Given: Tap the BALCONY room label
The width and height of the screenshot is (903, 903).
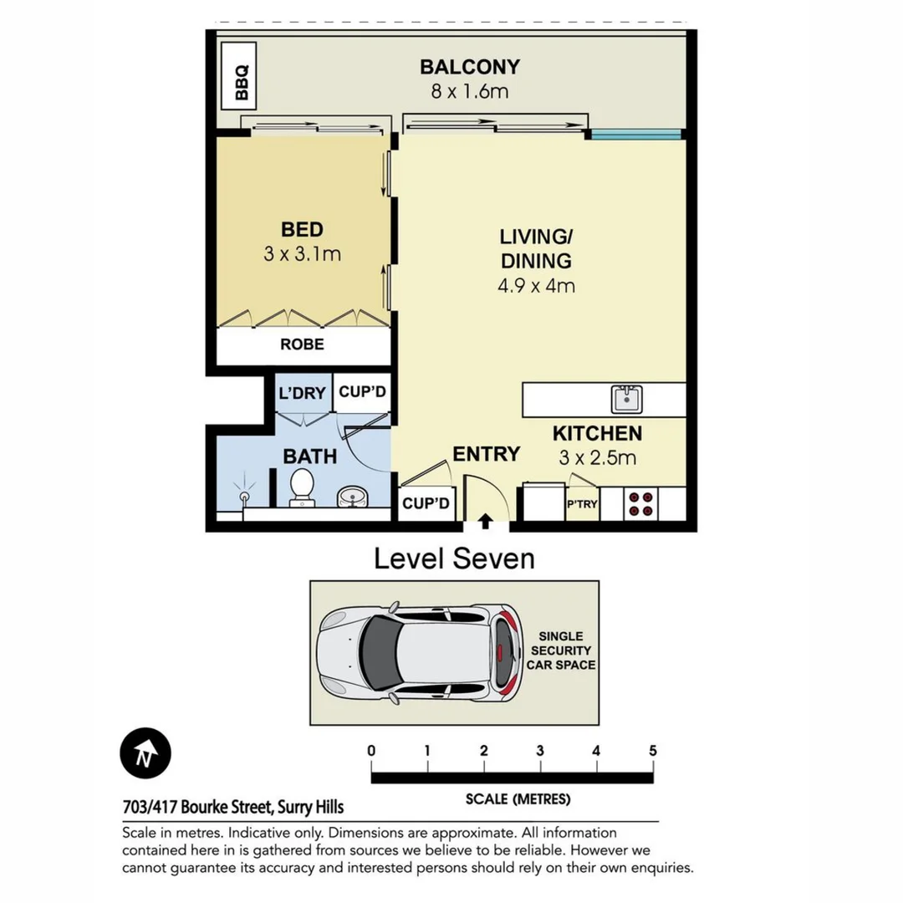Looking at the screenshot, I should pos(469,67).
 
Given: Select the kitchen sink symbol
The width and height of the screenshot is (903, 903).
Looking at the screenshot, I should pos(626,399).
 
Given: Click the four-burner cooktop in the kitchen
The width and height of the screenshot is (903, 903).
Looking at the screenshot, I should pos(641,504).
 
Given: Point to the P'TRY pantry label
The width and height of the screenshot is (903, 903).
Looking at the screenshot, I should pos(582,504).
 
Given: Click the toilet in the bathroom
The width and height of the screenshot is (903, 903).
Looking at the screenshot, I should pos(301,487).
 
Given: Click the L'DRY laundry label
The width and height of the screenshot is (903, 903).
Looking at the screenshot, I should pos(301,393).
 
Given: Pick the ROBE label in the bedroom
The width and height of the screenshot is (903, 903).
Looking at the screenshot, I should pos(302,344).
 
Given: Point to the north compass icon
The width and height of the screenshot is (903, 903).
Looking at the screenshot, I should pos(145,753).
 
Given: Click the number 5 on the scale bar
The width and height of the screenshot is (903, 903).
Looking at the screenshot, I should pos(652,751).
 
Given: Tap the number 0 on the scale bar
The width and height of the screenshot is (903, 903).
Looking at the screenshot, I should pos(371,751).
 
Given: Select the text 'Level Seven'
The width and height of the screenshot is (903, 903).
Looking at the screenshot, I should pos(453,558).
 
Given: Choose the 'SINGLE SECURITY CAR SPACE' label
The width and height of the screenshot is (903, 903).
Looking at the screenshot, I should pos(559,650).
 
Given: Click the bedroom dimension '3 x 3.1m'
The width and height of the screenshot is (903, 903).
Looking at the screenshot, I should pos(302,254).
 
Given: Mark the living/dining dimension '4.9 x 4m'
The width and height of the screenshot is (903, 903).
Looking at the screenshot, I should pos(536,285).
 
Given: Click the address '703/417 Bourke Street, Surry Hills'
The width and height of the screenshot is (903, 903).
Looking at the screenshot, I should pos(233,808).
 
